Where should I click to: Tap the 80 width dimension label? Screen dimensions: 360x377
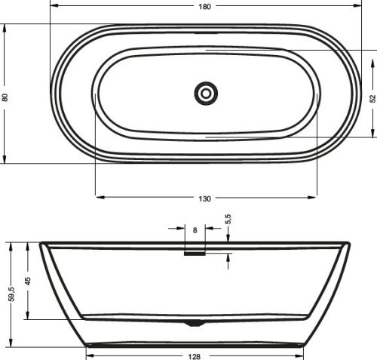(5, 97)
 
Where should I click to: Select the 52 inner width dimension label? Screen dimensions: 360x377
(372, 98)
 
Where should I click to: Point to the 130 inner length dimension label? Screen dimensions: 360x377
(205, 198)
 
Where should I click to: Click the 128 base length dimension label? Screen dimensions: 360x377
(195, 355)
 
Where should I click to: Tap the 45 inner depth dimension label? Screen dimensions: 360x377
(28, 281)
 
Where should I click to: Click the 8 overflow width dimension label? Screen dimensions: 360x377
(195, 230)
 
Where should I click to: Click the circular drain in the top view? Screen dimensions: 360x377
(206, 94)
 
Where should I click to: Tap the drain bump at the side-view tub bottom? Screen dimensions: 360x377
(195, 322)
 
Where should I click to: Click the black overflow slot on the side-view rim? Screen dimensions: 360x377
(195, 254)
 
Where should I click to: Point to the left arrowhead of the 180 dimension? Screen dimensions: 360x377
(54, 6)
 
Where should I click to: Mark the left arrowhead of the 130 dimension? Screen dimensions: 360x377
(99, 198)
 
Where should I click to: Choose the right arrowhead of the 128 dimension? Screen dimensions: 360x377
(301, 355)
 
